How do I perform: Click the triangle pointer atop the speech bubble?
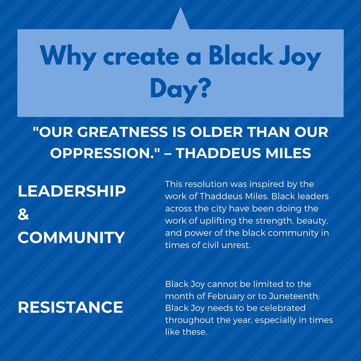tap(180, 21)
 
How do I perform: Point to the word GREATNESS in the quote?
tap(122, 132)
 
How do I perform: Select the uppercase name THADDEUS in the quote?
tap(219, 153)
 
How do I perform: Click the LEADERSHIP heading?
tap(72, 191)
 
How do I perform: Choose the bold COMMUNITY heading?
tap(71, 237)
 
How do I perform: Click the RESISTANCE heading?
tap(70, 307)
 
